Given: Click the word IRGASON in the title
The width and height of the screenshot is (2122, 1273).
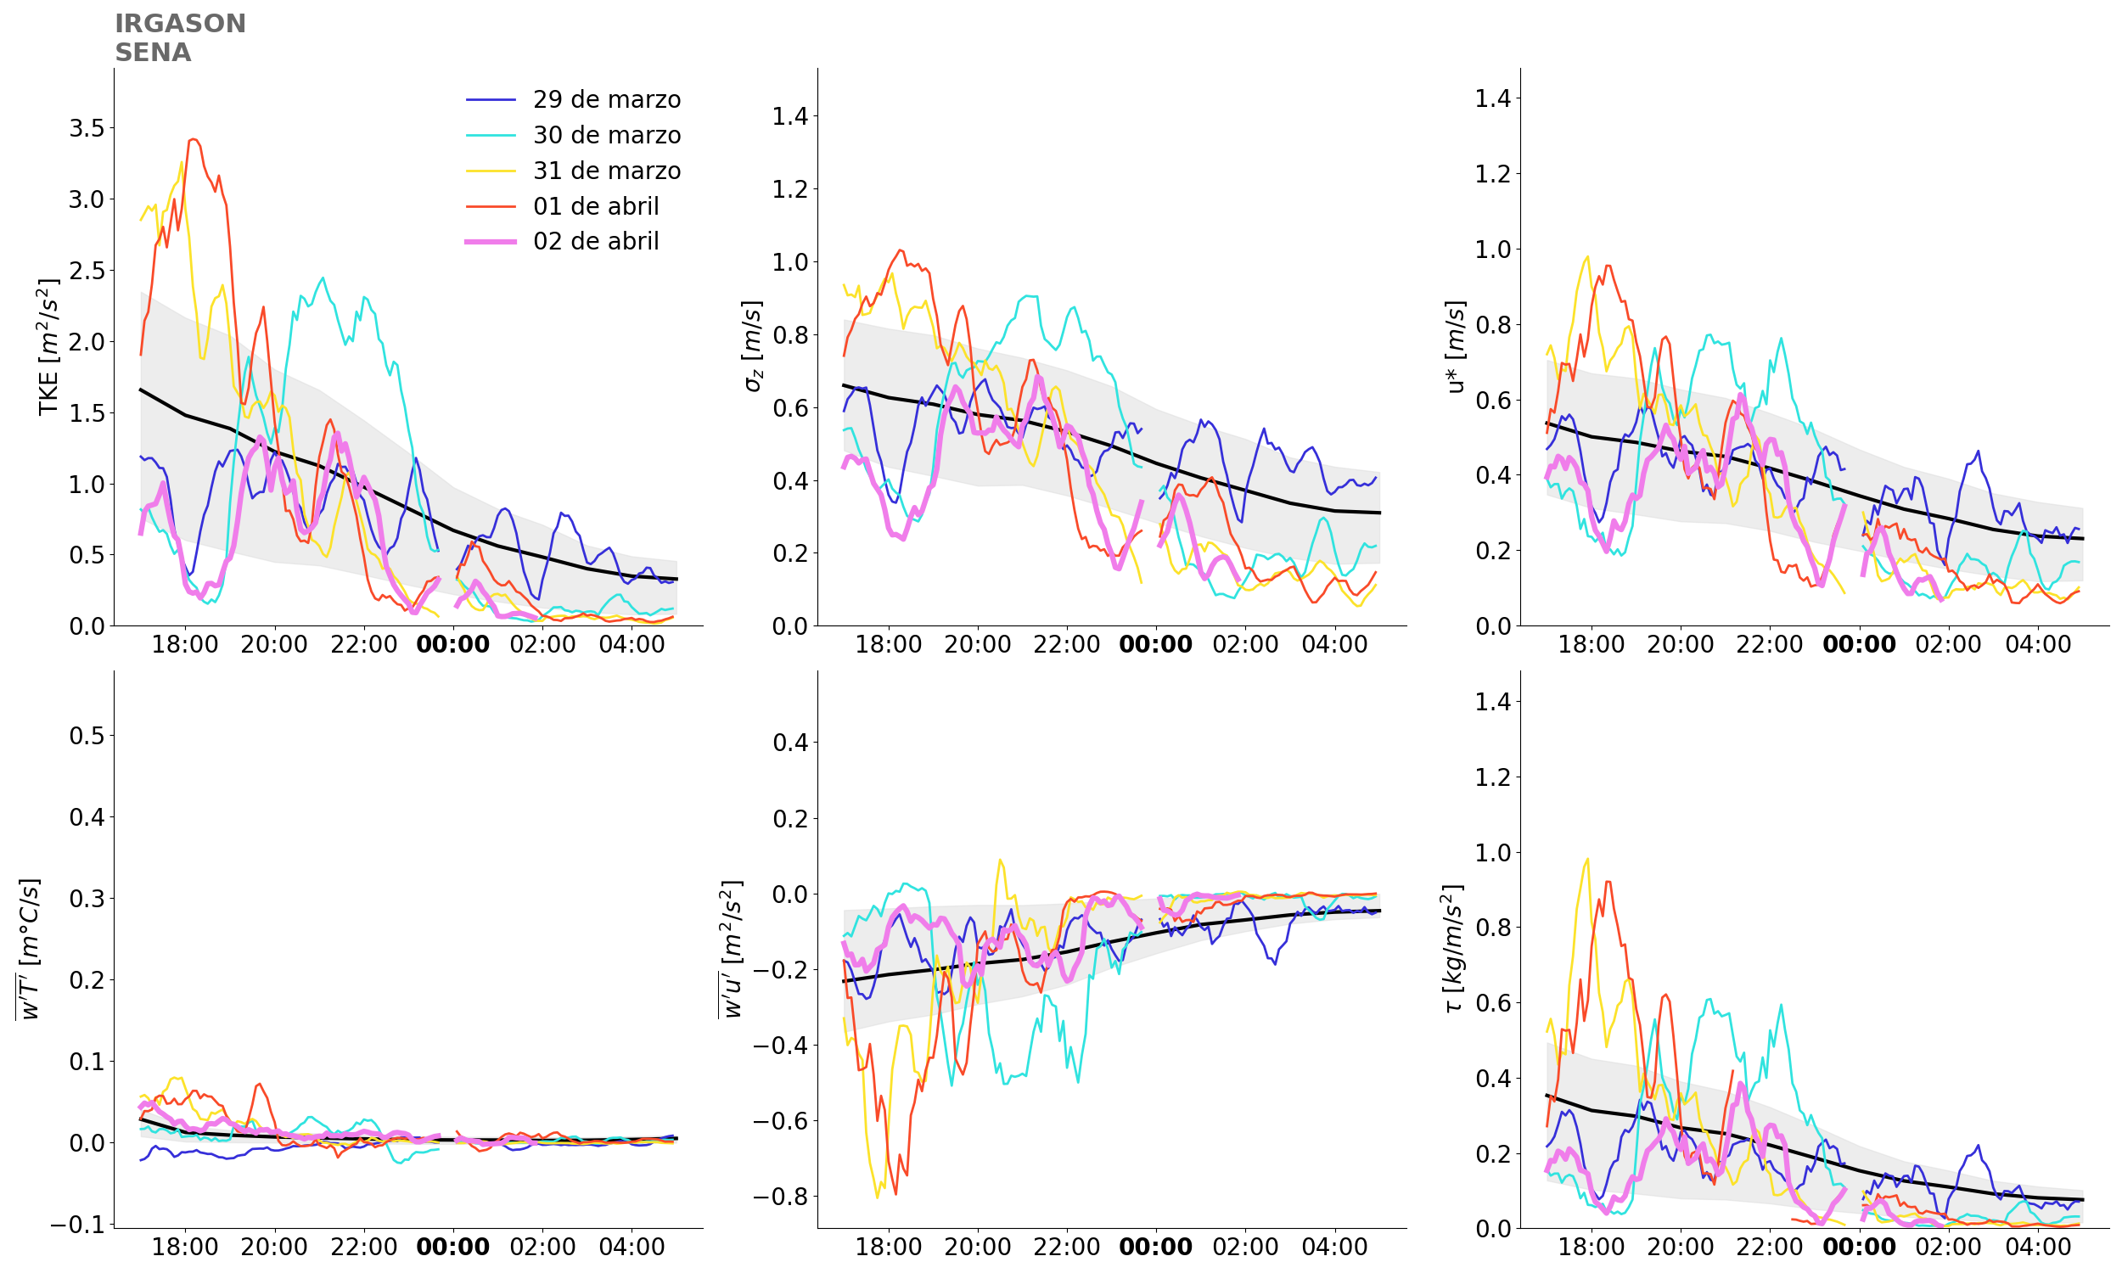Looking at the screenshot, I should (x=180, y=24).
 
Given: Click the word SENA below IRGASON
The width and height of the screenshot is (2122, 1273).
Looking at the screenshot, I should (x=153, y=53).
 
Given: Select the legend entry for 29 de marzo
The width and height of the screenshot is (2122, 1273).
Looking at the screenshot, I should (x=606, y=100).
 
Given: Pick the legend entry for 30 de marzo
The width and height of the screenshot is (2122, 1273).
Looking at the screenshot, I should (x=606, y=136).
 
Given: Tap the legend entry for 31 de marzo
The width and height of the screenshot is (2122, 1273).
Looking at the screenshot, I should (x=606, y=171).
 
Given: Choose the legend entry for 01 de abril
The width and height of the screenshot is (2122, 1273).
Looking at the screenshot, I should (x=595, y=207).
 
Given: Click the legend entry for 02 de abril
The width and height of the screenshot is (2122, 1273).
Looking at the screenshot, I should (x=595, y=242).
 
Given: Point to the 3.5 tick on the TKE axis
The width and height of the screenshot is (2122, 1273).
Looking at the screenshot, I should (x=87, y=129).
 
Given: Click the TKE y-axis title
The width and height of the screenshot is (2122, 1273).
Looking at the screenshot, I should (x=49, y=346).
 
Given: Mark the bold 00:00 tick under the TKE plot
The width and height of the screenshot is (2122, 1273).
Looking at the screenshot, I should (x=452, y=645).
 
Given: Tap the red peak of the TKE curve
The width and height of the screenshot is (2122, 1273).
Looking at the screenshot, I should (x=194, y=140).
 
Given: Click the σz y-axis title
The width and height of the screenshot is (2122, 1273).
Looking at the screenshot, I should (x=752, y=346).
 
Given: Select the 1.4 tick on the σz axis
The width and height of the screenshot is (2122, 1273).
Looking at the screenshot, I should (x=789, y=116).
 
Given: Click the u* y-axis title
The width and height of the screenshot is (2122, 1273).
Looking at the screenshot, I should (x=1456, y=346).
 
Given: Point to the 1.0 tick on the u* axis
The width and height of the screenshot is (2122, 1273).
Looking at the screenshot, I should (x=1492, y=250).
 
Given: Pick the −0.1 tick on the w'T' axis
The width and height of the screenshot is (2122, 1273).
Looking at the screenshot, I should (x=81, y=1224).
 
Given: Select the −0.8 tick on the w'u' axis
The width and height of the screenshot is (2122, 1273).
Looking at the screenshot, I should (x=781, y=1197).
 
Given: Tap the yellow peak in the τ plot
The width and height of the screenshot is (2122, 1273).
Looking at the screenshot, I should (x=1587, y=859).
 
